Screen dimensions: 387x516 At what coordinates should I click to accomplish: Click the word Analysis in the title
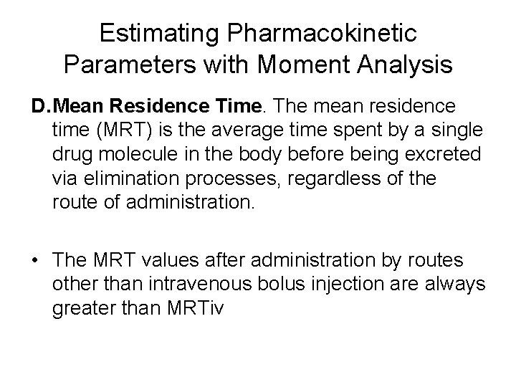click(408, 65)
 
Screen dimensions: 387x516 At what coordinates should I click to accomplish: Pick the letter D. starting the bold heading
click(40, 107)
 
